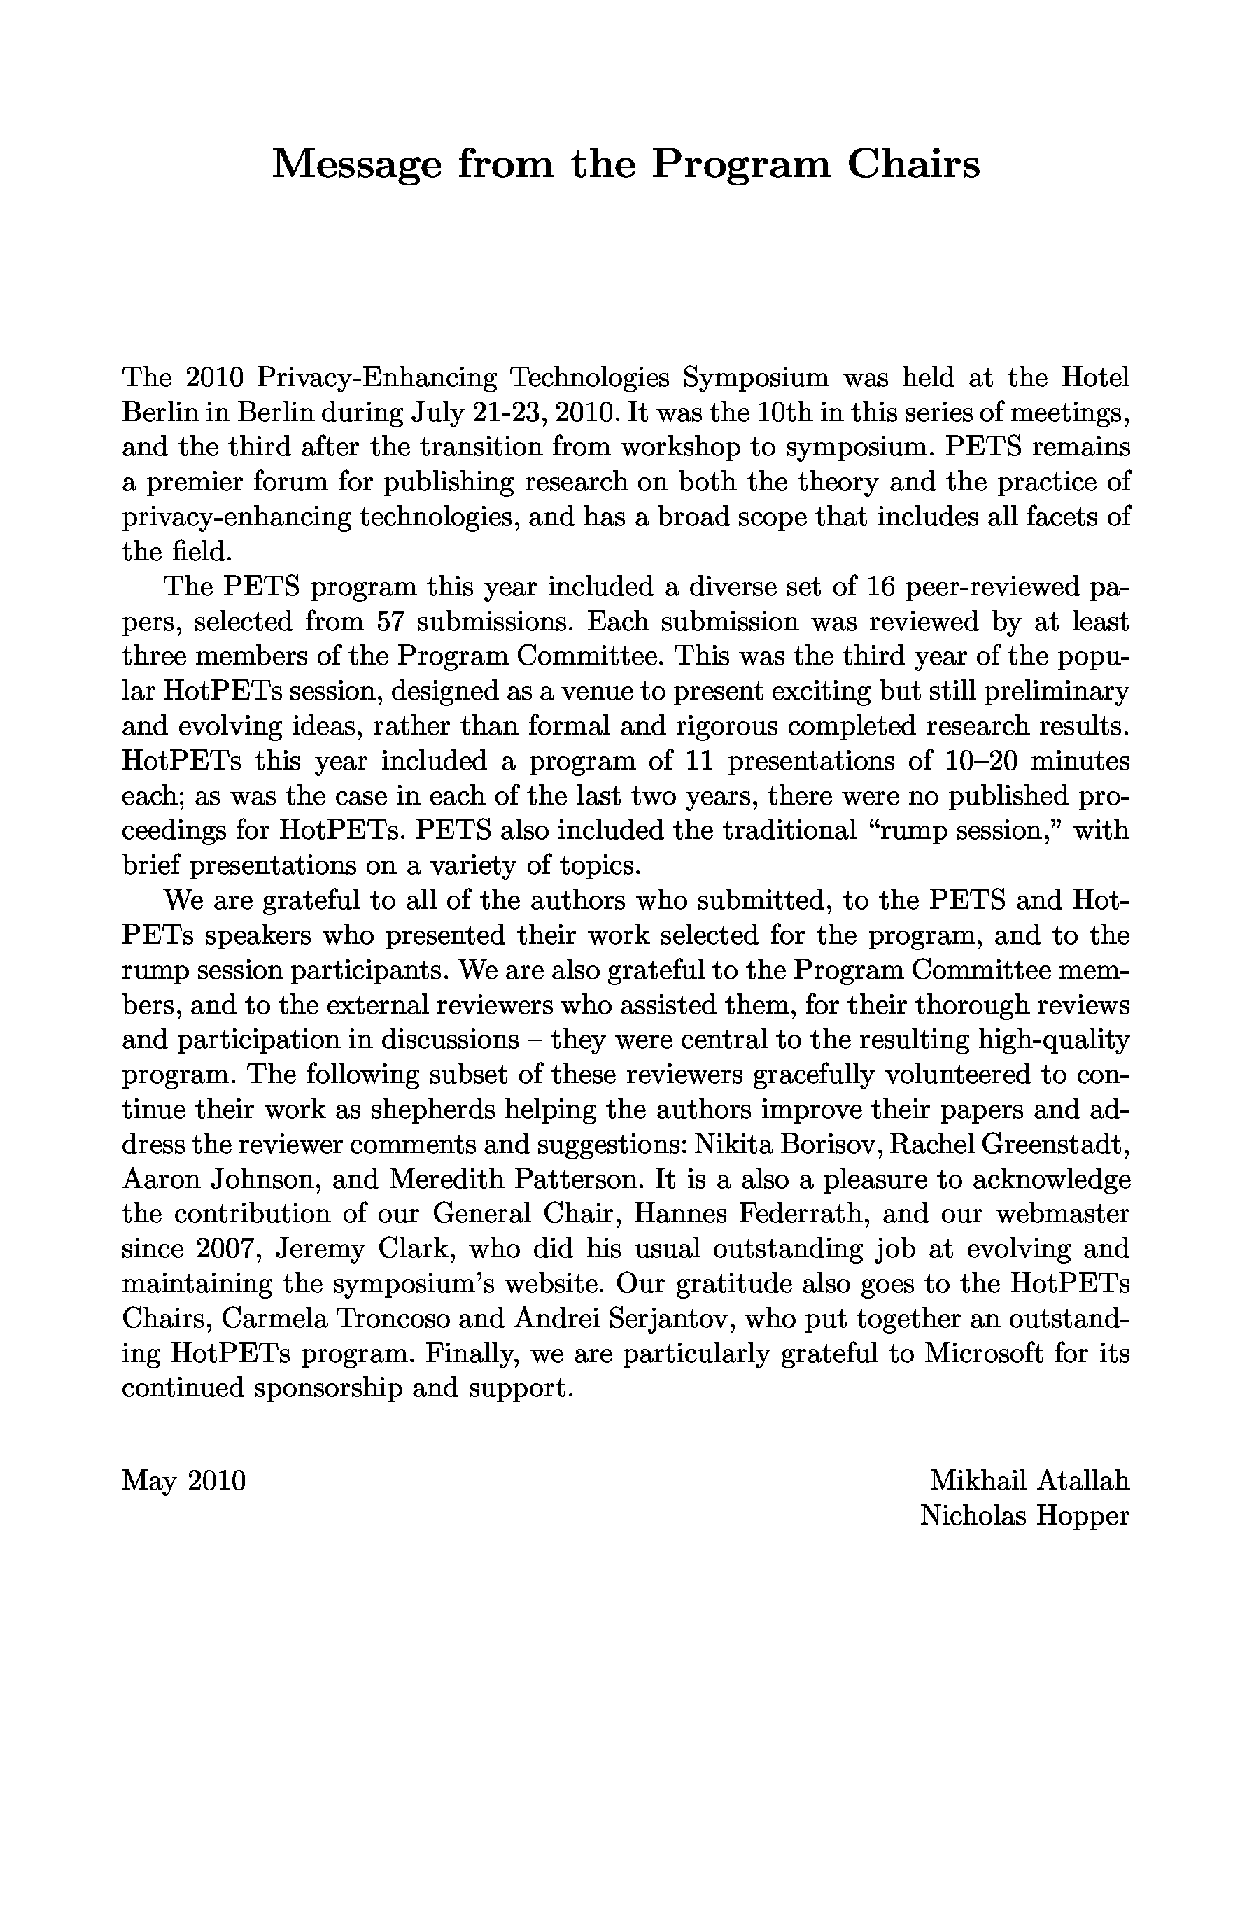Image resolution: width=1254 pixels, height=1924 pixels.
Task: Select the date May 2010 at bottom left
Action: pyautogui.click(x=183, y=1481)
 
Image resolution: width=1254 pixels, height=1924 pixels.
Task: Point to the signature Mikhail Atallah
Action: pyautogui.click(x=1029, y=1480)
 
